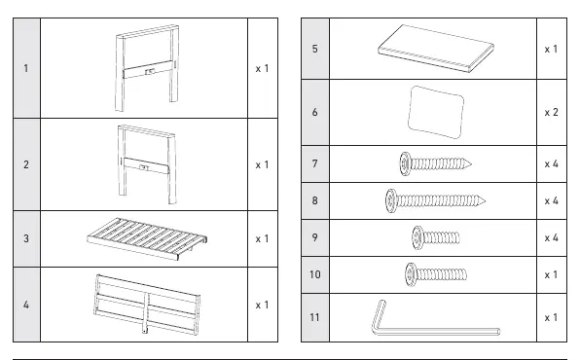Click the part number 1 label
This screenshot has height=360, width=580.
(26, 68)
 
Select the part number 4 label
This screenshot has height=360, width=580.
(26, 305)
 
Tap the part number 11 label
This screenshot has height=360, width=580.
(314, 317)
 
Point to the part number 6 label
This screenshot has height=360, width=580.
(314, 112)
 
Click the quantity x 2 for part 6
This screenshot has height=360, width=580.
(551, 112)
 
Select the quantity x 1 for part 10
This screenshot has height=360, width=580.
(551, 275)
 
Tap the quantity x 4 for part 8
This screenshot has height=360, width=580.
(551, 200)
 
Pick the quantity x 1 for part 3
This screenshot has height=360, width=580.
(262, 239)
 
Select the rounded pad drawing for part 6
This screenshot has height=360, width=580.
(436, 112)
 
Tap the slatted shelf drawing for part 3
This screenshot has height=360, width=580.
(147, 238)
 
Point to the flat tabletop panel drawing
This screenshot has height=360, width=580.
(436, 49)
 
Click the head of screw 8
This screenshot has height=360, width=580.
(391, 200)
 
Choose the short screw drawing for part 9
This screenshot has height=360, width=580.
(436, 237)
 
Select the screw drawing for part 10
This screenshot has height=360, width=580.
(436, 274)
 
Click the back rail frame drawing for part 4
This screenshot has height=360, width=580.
(147, 305)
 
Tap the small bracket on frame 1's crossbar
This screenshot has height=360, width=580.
(150, 71)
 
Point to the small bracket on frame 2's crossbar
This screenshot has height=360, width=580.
(144, 168)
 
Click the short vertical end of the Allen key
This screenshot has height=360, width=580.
(378, 313)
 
